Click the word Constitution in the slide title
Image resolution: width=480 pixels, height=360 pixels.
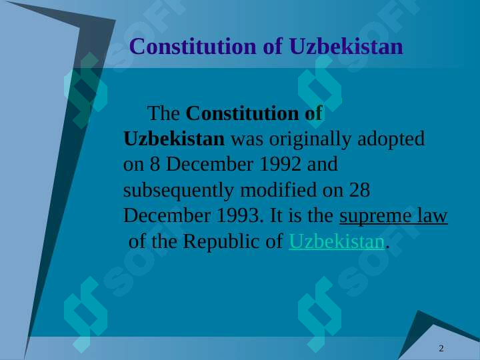coord(193,47)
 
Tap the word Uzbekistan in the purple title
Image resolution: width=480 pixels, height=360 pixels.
coord(346,47)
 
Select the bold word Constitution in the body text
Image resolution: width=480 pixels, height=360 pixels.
coord(242,113)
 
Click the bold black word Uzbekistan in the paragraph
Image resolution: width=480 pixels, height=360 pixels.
coord(174,139)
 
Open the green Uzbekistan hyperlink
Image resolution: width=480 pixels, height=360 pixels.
coord(337,241)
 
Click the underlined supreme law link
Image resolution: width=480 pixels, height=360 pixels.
coord(393,216)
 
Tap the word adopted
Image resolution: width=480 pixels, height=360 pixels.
coord(391,139)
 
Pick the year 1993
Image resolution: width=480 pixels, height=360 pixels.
coord(238,215)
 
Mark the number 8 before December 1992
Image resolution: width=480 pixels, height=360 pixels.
coord(155,164)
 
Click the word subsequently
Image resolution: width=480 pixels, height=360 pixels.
coord(179,191)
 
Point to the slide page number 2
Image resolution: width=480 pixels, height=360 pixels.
coord(441,349)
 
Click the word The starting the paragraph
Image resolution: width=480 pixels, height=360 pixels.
coord(163,113)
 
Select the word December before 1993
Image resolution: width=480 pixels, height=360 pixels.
coord(167,215)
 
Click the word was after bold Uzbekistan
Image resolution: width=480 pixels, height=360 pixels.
coord(247,140)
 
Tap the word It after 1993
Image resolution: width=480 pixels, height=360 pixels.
coord(276,215)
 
